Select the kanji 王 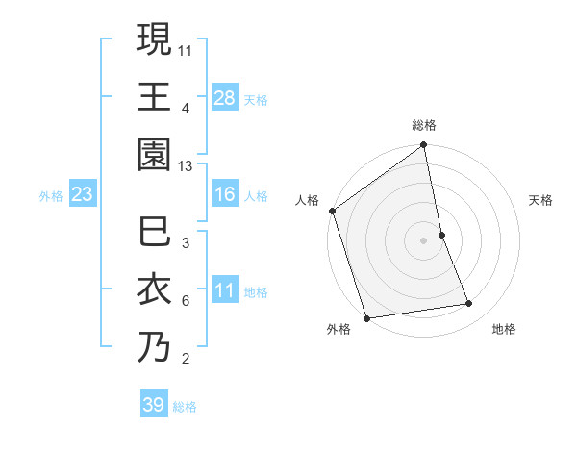pos(155,97)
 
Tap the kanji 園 pos(155,155)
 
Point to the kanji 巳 pos(155,233)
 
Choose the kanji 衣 pos(155,289)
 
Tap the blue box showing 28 pos(225,97)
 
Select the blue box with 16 pos(225,195)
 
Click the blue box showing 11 pos(225,290)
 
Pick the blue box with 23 pos(82,195)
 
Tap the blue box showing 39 pos(153,405)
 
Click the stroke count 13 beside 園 pos(186,167)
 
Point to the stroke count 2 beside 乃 pos(186,360)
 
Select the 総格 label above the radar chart pos(424,125)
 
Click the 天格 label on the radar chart pos(540,200)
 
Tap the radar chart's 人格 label pos(307,200)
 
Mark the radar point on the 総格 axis pos(423,146)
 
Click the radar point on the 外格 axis pos(366,318)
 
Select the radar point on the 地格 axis pos(469,304)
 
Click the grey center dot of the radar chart pos(424,240)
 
